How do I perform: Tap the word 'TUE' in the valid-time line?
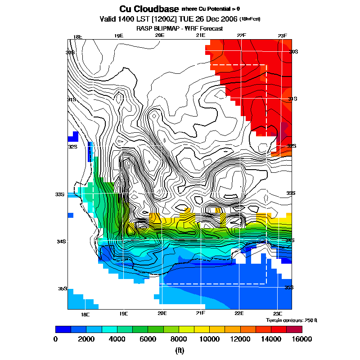(189, 19)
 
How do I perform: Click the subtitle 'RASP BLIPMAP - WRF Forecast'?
(180, 28)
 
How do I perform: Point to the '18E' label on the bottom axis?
(85, 313)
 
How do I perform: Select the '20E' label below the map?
(162, 313)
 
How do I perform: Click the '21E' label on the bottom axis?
(201, 313)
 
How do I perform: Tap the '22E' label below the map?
(239, 313)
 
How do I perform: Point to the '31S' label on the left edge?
(71, 99)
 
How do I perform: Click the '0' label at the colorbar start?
(55, 339)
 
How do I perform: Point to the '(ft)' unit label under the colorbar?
(179, 350)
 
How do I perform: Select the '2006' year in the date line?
(229, 19)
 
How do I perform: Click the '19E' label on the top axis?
(119, 36)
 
